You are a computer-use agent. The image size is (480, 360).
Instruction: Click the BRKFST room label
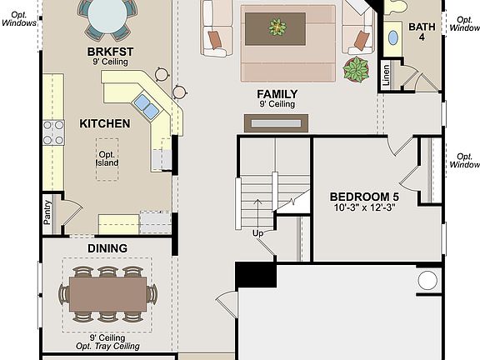tap(110, 51)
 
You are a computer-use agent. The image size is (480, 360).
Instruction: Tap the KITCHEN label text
tap(104, 123)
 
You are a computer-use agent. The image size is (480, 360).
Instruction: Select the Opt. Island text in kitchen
tap(107, 157)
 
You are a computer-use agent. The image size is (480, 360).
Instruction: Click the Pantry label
tap(47, 212)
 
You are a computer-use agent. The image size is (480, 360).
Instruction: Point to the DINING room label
tap(107, 248)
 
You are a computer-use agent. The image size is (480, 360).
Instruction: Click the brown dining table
tap(107, 293)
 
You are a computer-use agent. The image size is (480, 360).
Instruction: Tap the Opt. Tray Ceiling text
tap(107, 346)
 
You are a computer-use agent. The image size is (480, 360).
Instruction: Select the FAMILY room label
tap(277, 94)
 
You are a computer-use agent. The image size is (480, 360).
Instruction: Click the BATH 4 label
tap(422, 32)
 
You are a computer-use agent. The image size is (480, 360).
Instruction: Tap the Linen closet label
tap(386, 74)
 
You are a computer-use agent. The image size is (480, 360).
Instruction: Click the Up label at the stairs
tap(258, 233)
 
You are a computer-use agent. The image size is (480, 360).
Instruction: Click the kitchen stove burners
tap(53, 133)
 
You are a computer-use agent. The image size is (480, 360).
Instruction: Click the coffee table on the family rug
tap(276, 29)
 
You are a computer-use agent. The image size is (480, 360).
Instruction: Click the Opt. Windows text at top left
tap(18, 18)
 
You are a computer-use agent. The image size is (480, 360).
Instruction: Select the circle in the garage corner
tap(427, 280)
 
